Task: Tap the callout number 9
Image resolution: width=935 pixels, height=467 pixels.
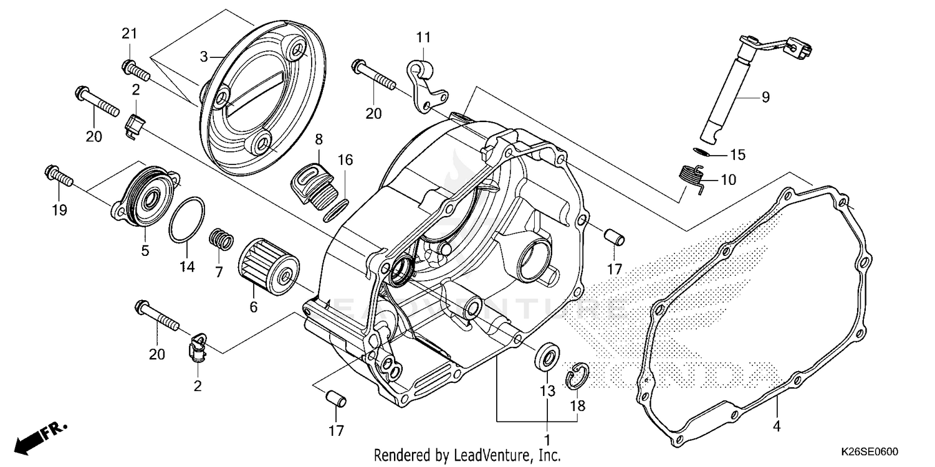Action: (x=765, y=97)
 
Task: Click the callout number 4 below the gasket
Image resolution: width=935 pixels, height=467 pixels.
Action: (x=777, y=427)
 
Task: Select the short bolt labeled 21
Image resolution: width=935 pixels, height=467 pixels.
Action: (x=138, y=70)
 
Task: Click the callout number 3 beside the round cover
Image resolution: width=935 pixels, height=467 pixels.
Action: (x=203, y=57)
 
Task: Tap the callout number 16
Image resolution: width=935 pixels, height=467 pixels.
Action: (x=345, y=160)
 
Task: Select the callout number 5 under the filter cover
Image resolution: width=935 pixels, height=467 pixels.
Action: (x=145, y=251)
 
